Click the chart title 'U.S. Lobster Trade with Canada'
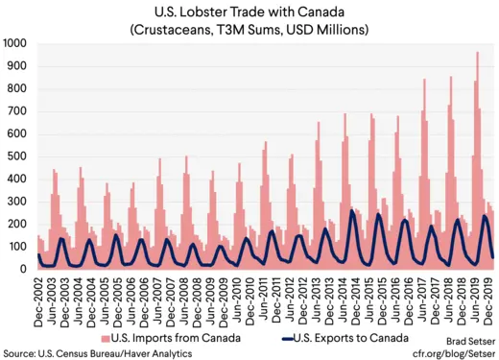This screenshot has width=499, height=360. point(252,12)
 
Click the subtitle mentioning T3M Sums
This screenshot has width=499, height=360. point(252,29)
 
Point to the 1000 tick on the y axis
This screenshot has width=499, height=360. point(15,44)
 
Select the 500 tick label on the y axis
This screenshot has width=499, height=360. point(18,156)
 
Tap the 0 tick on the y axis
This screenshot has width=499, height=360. point(26,270)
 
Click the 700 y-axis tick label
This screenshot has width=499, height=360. point(18,111)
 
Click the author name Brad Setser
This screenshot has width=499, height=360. point(467,340)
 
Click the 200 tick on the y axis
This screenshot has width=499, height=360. point(18,225)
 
